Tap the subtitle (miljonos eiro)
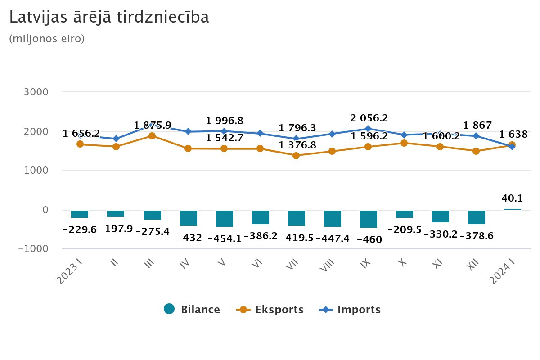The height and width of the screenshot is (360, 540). tap(47, 39)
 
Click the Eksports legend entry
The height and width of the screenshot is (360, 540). tap(270, 309)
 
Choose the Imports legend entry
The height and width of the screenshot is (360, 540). tap(350, 309)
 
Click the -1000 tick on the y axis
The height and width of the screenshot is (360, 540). tap(32, 248)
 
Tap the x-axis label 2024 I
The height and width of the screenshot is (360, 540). tap(504, 272)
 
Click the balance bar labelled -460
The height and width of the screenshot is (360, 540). tap(368, 219)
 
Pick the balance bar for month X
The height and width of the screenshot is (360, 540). tap(404, 214)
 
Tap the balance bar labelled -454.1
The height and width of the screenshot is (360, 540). tap(224, 218)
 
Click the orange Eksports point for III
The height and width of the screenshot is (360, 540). tap(152, 136)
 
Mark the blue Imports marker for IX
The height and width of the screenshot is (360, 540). tap(368, 129)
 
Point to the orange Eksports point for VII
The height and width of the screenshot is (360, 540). tap(296, 156)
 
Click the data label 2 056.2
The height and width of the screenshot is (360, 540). tap(368, 118)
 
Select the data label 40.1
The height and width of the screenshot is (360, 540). tap(512, 198)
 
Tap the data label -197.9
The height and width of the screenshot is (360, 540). tap(116, 229)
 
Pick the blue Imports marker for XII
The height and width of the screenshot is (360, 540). tap(476, 136)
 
